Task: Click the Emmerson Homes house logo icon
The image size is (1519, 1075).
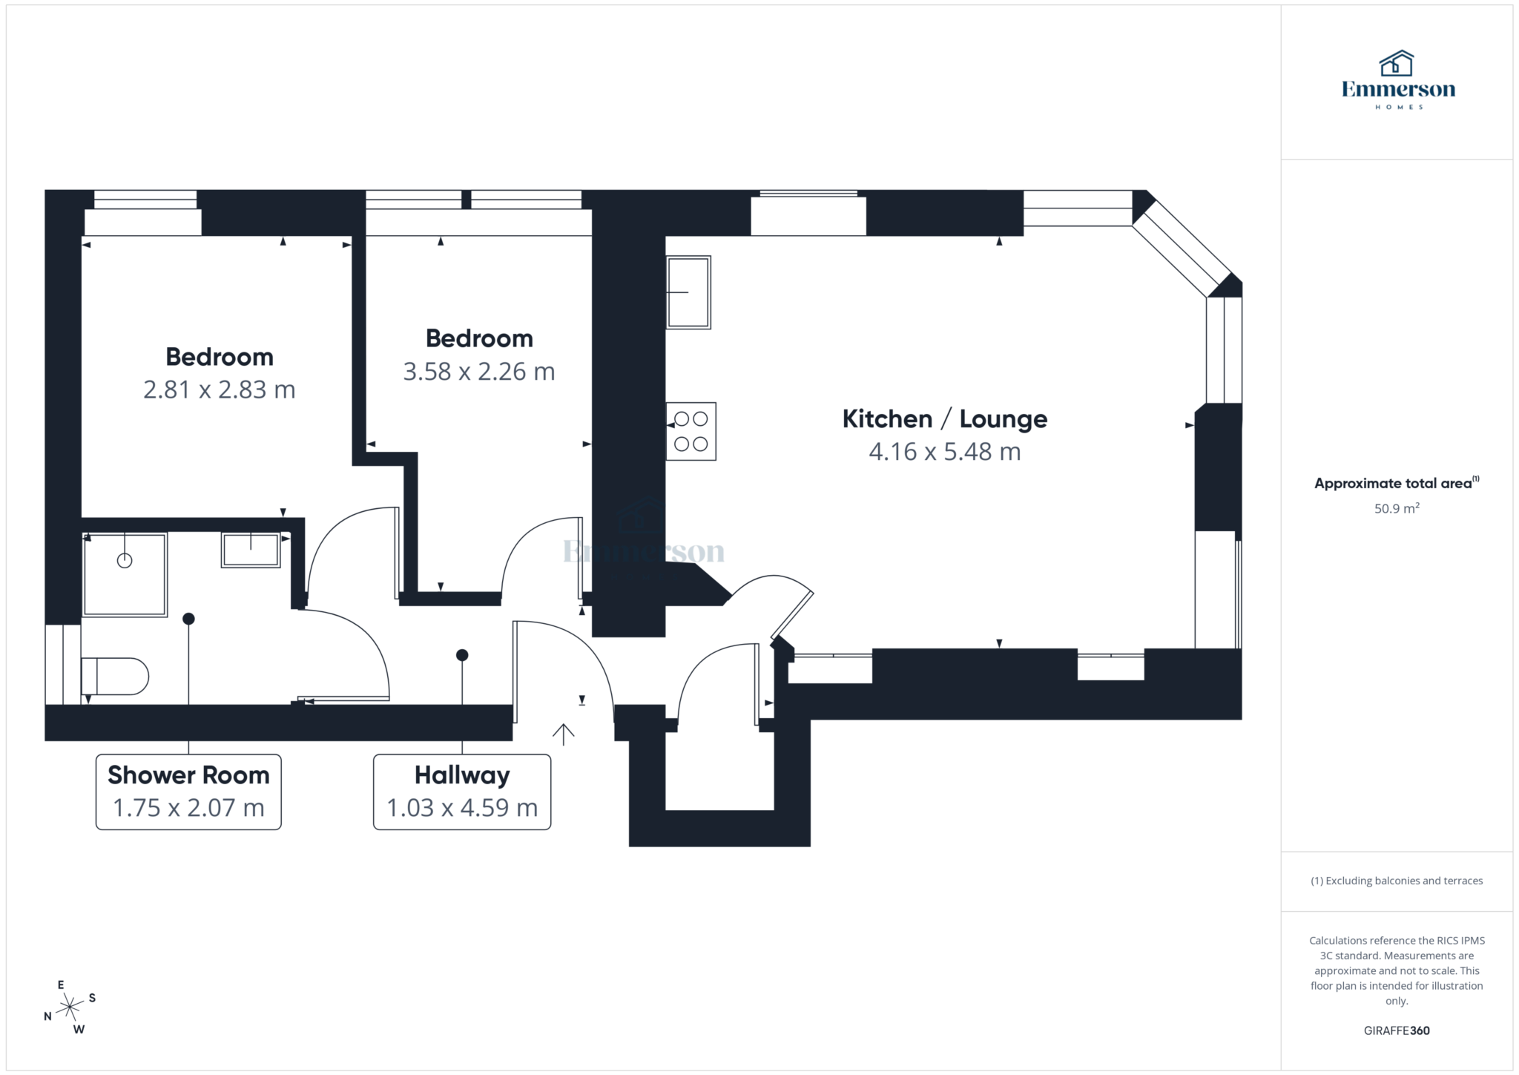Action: tap(1397, 64)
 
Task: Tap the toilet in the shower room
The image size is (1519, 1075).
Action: tap(116, 676)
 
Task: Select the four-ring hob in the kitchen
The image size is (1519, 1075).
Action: tap(691, 431)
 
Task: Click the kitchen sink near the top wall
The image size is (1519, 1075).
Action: tap(688, 292)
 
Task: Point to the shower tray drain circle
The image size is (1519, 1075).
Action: tap(125, 561)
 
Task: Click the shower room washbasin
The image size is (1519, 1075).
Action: tap(251, 550)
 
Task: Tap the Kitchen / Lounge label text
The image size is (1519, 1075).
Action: tap(944, 419)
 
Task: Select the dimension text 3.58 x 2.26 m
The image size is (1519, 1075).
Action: tap(478, 372)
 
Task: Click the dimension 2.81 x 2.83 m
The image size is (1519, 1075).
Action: tap(219, 389)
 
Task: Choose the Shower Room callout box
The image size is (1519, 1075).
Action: tap(188, 792)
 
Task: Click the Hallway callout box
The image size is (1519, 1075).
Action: tap(461, 792)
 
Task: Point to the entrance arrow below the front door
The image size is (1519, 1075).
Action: tap(564, 734)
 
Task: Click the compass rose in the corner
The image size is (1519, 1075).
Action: tap(70, 1007)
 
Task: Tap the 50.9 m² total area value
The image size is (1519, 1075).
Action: tap(1396, 509)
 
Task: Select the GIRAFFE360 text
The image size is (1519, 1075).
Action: tap(1396, 1030)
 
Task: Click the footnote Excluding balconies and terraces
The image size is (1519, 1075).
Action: tap(1396, 881)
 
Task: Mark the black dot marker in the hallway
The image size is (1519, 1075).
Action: tap(462, 655)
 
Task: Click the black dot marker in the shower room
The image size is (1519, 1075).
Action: tap(188, 619)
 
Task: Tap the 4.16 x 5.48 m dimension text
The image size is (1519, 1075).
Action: tap(944, 452)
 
